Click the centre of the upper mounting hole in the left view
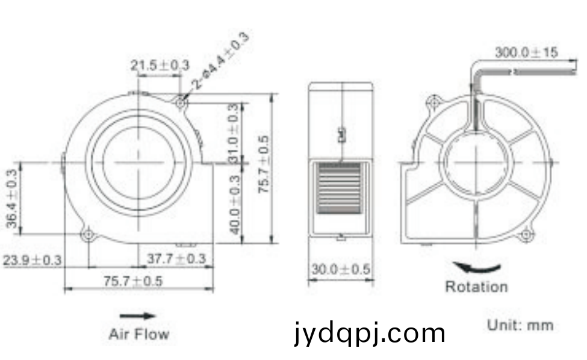(181, 102)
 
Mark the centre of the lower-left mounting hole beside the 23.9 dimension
(89, 235)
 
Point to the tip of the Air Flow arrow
(155, 316)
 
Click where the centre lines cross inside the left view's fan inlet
(139, 163)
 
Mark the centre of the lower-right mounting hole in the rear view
(526, 235)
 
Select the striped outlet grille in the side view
(339, 188)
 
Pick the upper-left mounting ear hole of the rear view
(434, 102)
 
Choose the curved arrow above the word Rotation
(477, 267)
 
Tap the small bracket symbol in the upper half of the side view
(341, 135)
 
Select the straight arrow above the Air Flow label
(138, 316)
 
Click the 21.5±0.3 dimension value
(160, 65)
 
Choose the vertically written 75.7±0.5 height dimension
(264, 164)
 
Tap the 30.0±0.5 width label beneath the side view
(341, 269)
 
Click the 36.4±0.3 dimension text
(12, 198)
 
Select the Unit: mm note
(520, 325)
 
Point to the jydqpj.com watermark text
(370, 333)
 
